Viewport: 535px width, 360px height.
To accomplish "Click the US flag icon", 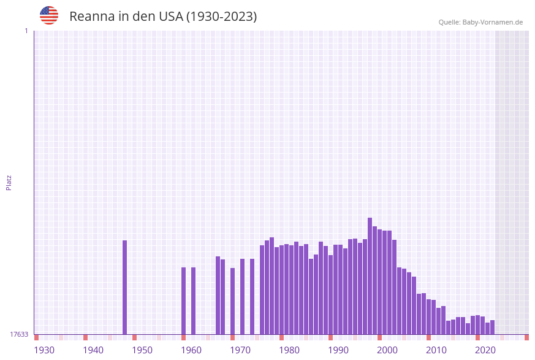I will (49, 15).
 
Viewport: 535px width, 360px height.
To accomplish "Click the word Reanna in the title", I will (89, 17).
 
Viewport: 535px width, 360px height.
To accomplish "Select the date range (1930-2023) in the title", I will (221, 17).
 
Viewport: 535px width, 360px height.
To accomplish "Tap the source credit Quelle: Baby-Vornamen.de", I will (480, 22).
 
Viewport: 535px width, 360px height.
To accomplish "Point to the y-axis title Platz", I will (9, 182).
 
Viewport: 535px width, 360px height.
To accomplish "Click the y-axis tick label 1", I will (26, 31).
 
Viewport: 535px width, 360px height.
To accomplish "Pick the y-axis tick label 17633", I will (19, 334).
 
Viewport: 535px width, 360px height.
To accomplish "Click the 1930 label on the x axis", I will (44, 350).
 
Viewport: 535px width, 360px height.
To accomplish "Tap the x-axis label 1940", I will (93, 350).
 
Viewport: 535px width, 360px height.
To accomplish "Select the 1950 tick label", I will (142, 350).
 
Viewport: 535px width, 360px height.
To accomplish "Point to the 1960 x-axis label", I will (191, 350).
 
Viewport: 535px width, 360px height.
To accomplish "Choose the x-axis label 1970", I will (240, 350).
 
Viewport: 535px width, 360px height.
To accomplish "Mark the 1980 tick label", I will (289, 350).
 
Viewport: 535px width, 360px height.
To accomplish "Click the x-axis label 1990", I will (338, 350).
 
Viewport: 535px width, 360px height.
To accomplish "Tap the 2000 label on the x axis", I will (387, 350).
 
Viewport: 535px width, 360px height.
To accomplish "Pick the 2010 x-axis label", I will (436, 350).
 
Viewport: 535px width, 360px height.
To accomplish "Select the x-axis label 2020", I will (485, 350).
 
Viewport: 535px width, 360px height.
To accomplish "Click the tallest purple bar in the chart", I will (370, 276).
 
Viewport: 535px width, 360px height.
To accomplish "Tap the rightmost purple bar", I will (493, 327).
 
